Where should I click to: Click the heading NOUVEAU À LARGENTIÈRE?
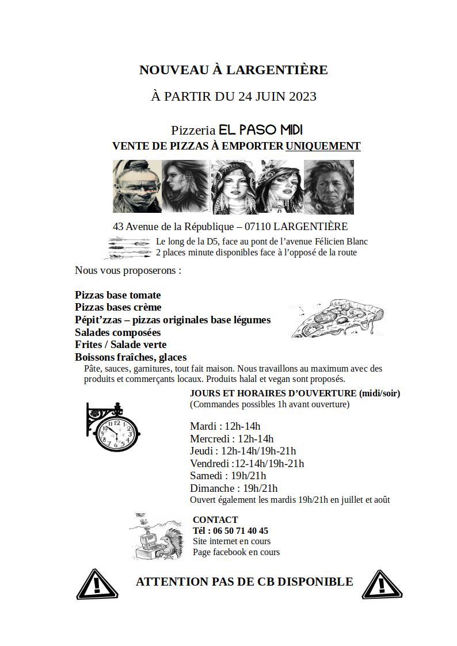point(233,70)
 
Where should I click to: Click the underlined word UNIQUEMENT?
point(323,146)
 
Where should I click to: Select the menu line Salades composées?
point(118,332)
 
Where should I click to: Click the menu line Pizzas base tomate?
point(118,295)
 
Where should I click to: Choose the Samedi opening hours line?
point(228,476)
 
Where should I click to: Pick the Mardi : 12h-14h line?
point(225,426)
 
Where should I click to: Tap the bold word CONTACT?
point(215,519)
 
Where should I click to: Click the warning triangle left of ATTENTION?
point(97,584)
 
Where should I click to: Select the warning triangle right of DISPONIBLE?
point(383,584)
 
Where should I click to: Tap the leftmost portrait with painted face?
point(136,186)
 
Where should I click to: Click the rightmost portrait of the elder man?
point(329,186)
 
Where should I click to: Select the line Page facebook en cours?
point(236,552)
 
